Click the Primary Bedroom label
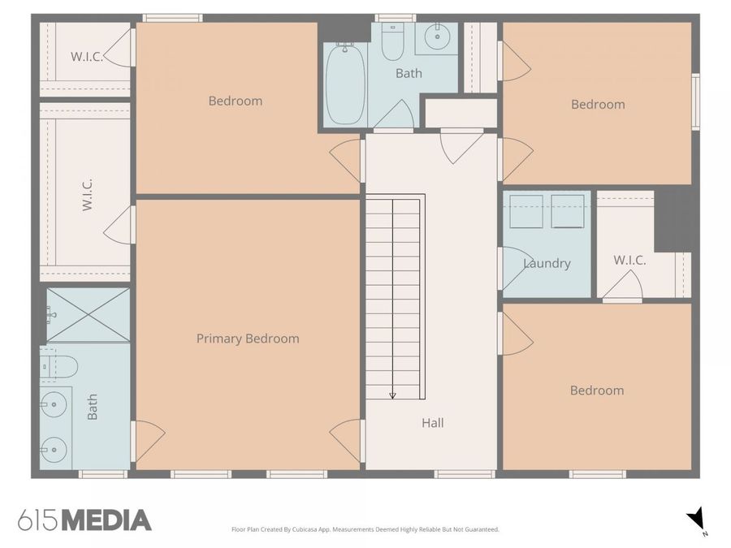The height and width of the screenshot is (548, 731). [x=248, y=339]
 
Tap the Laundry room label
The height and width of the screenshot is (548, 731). [x=547, y=263]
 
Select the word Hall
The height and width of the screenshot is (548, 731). [x=432, y=423]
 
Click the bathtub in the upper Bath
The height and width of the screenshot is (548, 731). [x=345, y=84]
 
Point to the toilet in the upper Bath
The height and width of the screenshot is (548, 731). [x=392, y=44]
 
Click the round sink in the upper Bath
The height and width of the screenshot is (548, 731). [x=438, y=36]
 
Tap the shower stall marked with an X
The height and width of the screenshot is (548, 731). [x=88, y=315]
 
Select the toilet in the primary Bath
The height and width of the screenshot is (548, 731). [x=59, y=367]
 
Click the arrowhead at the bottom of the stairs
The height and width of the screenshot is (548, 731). [x=393, y=395]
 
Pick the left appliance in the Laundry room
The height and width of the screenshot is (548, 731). [x=526, y=211]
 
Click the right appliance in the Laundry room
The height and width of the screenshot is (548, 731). [x=567, y=211]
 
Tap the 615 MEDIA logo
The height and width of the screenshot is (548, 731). [x=84, y=520]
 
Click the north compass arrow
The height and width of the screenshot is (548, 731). [x=696, y=519]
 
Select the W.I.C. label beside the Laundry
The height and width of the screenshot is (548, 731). [x=629, y=261]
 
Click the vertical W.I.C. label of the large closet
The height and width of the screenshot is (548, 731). [x=87, y=195]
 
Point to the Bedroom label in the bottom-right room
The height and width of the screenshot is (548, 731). [x=597, y=391]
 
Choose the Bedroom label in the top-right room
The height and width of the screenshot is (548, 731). [x=598, y=104]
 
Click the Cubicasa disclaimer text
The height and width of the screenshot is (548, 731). [x=365, y=529]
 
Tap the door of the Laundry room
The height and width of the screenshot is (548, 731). [x=513, y=268]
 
